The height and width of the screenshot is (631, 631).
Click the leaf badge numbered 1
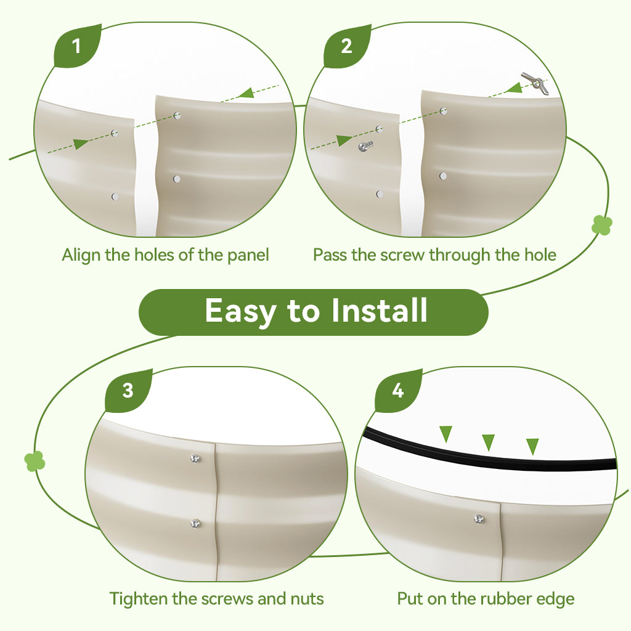point(76,46)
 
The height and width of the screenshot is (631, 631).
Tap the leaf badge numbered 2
point(346,46)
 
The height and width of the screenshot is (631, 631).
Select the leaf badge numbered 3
point(128,390)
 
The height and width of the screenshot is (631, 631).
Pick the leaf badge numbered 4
point(397,390)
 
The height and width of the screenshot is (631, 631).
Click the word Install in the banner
point(379,311)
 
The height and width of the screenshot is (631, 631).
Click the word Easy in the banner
point(240,311)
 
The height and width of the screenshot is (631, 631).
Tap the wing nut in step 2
point(535,83)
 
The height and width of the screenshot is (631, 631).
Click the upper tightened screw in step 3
point(195,458)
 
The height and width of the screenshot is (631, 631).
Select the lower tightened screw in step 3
point(195,524)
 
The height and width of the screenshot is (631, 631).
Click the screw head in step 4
point(479,519)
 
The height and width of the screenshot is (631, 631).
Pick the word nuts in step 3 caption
point(307,599)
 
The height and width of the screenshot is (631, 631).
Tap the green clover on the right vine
point(602,224)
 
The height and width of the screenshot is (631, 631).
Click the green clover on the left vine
point(35,461)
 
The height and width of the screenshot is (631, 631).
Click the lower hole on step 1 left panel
point(115,197)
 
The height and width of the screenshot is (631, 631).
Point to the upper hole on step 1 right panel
point(177,116)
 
